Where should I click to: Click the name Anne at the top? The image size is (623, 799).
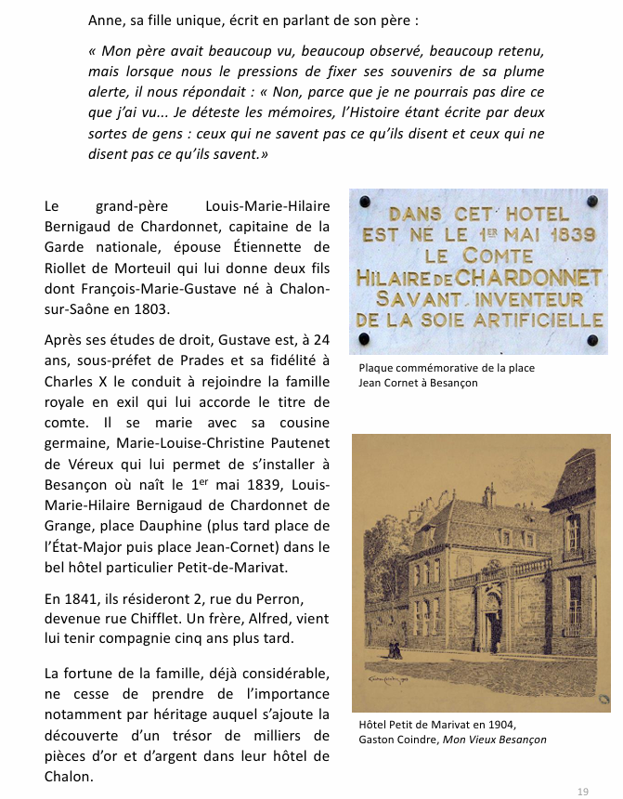(106, 20)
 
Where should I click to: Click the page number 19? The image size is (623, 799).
(582, 792)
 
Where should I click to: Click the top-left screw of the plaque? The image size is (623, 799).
(364, 202)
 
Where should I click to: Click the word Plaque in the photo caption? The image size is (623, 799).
(378, 368)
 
